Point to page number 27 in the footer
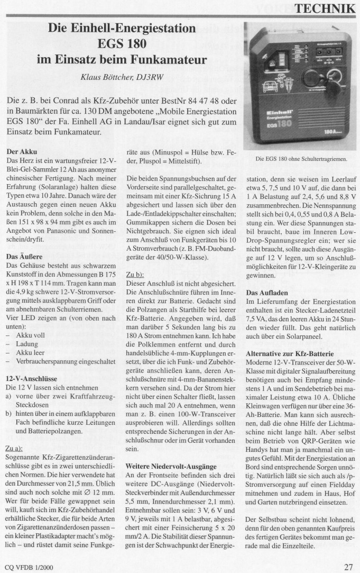[x=349, y=567]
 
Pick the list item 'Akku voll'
[x=32, y=336]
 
